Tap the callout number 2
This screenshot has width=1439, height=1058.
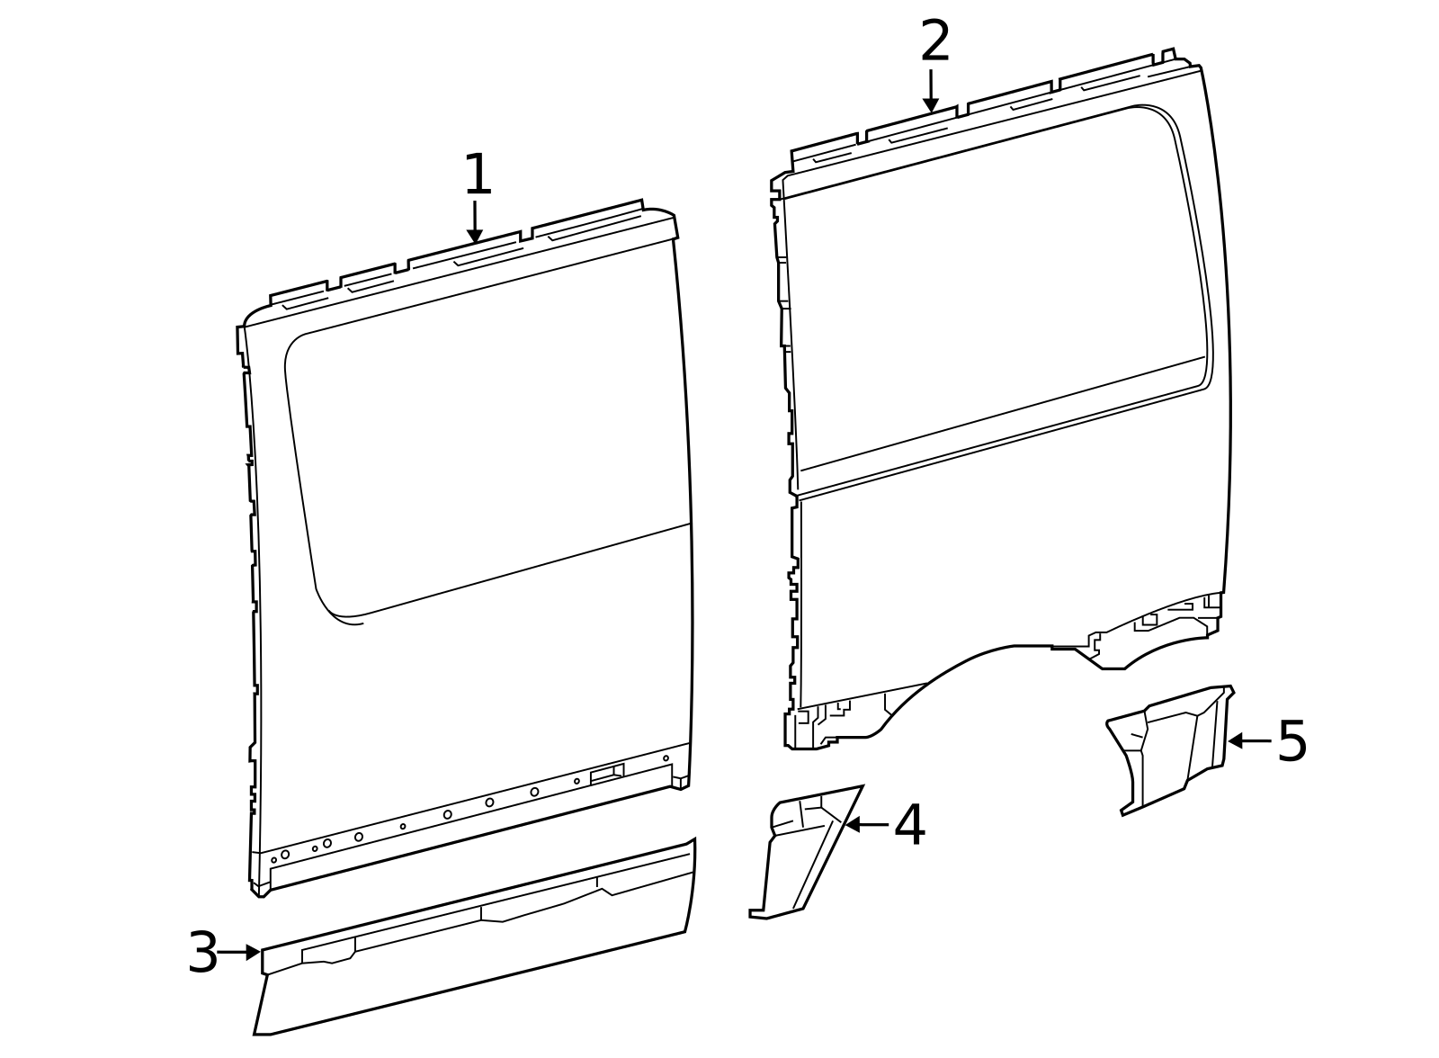[935, 42]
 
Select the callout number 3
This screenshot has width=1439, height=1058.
[203, 953]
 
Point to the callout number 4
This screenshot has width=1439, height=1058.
[909, 825]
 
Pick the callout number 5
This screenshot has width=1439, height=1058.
[1292, 741]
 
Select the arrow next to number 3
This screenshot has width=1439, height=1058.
[238, 952]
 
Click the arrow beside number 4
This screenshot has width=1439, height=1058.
[865, 824]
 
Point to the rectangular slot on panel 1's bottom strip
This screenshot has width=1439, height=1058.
[607, 774]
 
